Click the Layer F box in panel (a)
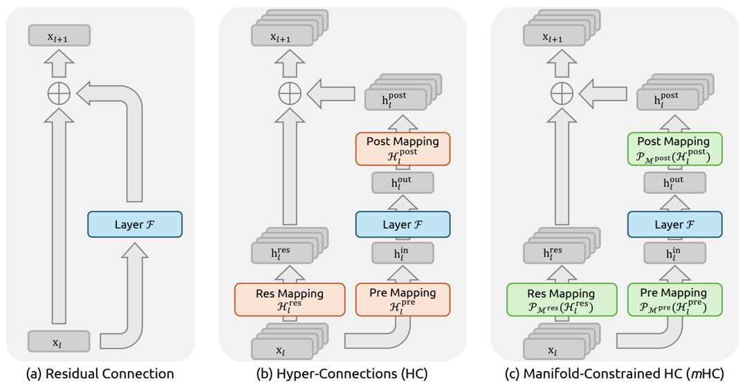pyautogui.click(x=135, y=224)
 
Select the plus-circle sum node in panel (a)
pyautogui.click(x=59, y=93)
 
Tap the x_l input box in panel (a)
pyautogui.click(x=59, y=341)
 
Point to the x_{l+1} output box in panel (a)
pyautogui.click(x=59, y=36)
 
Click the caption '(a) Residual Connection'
pyautogui.click(x=100, y=374)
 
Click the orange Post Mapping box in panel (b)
pyautogui.click(x=403, y=148)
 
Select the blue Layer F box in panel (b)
pyautogui.click(x=403, y=224)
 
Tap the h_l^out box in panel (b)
pyautogui.click(x=403, y=183)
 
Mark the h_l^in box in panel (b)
pyautogui.click(x=403, y=253)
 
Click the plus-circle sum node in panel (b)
pyautogui.click(x=290, y=93)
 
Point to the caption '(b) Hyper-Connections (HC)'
pyautogui.click(x=342, y=374)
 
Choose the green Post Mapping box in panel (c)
pyautogui.click(x=674, y=148)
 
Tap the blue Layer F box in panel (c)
pyautogui.click(x=674, y=224)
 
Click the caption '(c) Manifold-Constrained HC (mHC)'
pyautogui.click(x=614, y=374)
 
